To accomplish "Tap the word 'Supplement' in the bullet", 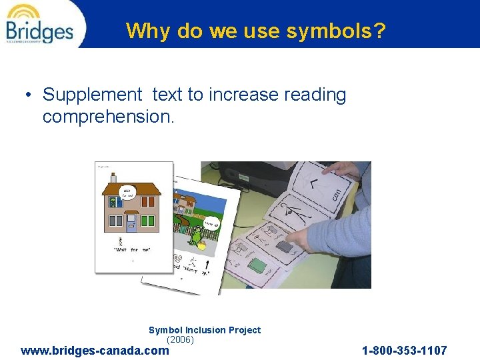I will click(x=93, y=95).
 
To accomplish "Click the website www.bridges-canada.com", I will click(x=95, y=350).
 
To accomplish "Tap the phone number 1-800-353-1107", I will click(x=404, y=350).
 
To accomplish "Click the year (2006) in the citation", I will click(x=180, y=339).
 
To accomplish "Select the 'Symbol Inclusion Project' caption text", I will click(x=205, y=330).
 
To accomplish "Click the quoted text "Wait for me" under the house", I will click(x=132, y=249).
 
